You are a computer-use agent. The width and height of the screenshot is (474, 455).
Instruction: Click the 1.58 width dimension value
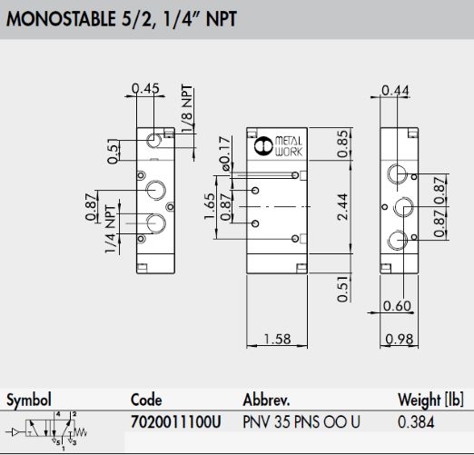point(277,339)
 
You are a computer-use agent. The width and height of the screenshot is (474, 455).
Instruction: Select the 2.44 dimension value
point(343,206)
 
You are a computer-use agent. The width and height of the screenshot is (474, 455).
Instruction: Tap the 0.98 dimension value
point(400,339)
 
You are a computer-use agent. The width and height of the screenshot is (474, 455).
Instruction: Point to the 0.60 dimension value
point(397,306)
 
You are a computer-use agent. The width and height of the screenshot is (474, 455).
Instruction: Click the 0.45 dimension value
point(145,88)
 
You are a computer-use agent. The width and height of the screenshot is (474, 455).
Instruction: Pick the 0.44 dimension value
point(395,90)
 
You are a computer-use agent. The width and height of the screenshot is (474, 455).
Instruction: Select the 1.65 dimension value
point(210,206)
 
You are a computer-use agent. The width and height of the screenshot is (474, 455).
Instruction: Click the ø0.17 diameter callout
point(225,153)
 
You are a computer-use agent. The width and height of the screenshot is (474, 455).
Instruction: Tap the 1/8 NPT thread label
point(187,108)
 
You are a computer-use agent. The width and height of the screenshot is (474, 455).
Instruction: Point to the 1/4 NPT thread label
point(111,229)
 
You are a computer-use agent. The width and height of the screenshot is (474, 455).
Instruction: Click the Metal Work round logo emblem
point(263,146)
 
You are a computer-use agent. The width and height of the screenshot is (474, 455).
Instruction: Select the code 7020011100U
point(176,421)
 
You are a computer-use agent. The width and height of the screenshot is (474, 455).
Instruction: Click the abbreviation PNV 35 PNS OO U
point(301,422)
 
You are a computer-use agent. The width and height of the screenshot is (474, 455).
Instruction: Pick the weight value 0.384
point(416,422)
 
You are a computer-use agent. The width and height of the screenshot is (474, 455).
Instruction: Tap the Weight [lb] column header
point(430,400)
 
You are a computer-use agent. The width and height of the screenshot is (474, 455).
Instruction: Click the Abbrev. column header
point(266,400)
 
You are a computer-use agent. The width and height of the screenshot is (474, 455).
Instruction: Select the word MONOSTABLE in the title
point(61,19)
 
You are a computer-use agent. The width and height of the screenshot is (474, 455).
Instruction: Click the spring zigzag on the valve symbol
point(81,431)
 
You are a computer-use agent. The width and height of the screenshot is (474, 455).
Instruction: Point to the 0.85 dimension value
point(343,144)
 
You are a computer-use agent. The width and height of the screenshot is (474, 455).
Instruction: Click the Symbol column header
point(29,401)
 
